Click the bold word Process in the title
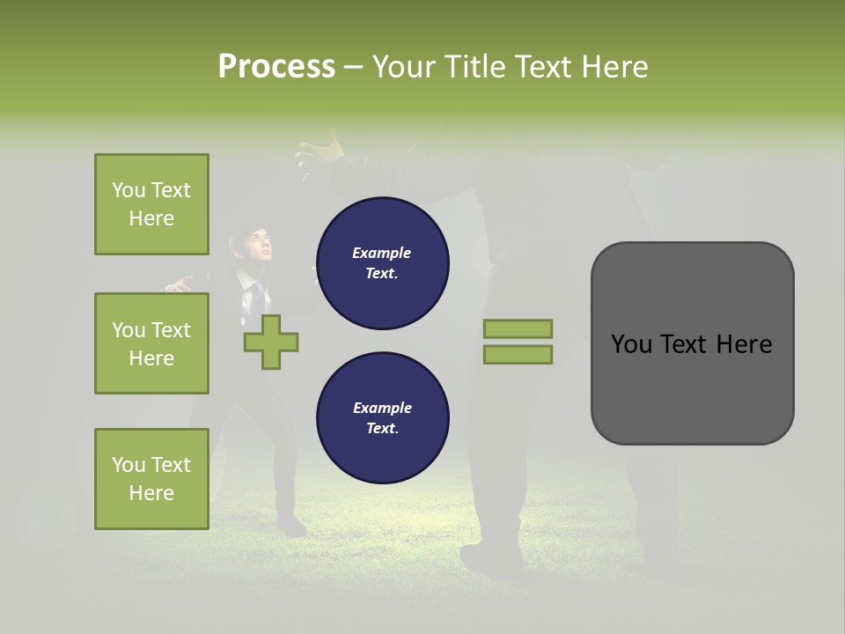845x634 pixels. point(276,67)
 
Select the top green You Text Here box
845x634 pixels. point(151,204)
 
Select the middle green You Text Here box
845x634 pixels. point(151,343)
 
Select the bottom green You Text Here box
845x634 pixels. point(151,478)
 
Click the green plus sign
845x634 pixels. point(271,342)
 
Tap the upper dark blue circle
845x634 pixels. point(382,263)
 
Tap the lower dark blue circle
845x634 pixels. point(382,417)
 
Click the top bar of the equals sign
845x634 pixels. point(518,329)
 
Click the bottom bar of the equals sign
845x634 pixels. point(518,355)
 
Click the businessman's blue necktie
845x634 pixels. point(259,291)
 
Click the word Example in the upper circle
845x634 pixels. point(382,253)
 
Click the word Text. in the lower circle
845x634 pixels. point(382,429)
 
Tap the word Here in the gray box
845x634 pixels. point(744,344)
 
